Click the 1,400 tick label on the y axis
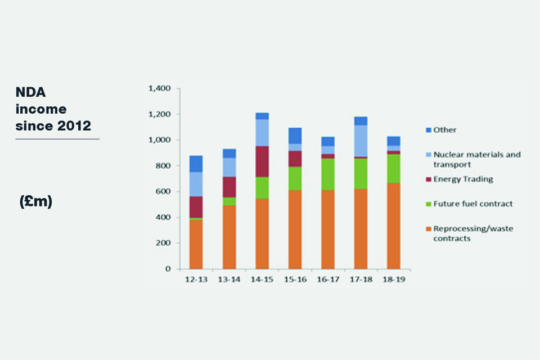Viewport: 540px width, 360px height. (x=158, y=89)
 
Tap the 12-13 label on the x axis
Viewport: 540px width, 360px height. (x=196, y=279)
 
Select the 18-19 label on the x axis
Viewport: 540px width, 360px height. (x=393, y=279)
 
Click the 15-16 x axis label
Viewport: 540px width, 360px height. (x=295, y=279)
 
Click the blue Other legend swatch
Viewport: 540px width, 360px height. (x=429, y=130)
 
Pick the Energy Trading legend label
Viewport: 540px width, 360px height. (x=463, y=179)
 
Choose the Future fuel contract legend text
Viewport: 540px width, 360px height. (x=473, y=204)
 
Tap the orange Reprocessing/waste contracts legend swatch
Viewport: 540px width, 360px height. (x=429, y=229)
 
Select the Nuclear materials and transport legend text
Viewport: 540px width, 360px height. (x=477, y=159)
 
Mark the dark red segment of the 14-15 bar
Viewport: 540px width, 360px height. (x=262, y=161)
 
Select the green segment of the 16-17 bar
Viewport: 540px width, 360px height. (x=327, y=174)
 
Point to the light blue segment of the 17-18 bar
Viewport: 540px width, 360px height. (x=361, y=141)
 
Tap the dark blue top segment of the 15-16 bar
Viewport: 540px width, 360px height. (x=295, y=136)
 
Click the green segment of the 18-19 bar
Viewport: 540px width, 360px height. (x=393, y=168)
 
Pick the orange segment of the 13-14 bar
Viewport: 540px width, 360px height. (x=229, y=237)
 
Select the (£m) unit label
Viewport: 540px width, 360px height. (x=35, y=201)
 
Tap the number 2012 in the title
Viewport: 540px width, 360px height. (x=74, y=125)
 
